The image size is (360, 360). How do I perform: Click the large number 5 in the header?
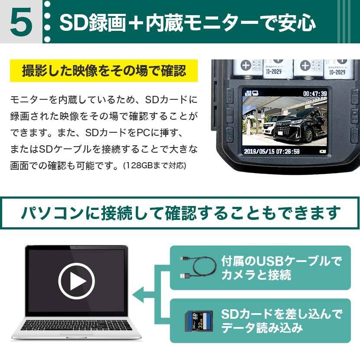tap(20, 23)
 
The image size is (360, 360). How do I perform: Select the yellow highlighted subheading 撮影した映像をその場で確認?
tap(104, 71)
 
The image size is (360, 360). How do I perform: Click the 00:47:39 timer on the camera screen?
tap(314, 93)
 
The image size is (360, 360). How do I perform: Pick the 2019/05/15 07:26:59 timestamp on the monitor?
tap(272, 151)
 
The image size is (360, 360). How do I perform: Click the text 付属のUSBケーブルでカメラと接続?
tap(281, 268)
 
